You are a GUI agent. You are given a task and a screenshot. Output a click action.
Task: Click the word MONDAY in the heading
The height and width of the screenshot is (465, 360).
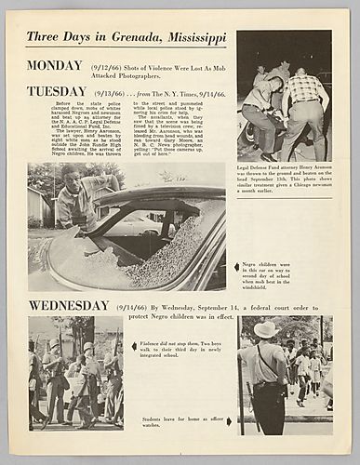pos(55,66)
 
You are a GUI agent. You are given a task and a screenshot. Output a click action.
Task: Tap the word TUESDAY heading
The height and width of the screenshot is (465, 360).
pos(57,91)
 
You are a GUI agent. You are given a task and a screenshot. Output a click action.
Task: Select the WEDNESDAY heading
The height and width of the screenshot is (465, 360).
pos(68,305)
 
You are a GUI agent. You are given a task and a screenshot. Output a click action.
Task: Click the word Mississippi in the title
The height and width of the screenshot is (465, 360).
pos(196,37)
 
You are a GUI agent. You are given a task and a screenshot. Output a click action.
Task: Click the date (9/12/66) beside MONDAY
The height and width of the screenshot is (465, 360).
pos(103,67)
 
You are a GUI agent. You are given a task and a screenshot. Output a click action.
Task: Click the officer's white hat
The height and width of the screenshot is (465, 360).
pos(264,328)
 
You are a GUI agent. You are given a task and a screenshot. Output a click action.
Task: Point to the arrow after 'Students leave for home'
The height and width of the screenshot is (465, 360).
pos(229,421)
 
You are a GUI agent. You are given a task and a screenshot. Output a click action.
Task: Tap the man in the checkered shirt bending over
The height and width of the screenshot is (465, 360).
pos(303,102)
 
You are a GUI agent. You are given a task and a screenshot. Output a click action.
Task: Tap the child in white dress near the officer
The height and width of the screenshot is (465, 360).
pos(302,365)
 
